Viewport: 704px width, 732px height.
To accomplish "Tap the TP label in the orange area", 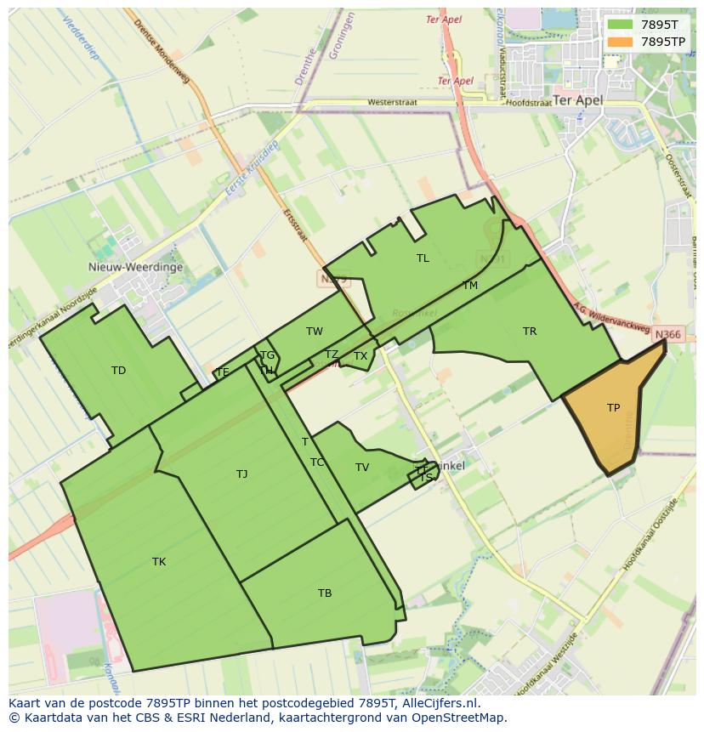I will point(613,408).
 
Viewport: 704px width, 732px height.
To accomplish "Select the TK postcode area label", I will point(159,562).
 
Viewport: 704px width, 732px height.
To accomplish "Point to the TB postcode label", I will point(325,593).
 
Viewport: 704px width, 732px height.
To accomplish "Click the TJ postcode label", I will point(242,474).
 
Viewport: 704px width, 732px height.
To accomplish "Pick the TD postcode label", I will point(118,371).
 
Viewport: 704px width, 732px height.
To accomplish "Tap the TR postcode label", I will point(530,332).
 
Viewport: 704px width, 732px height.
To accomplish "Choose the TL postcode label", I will point(423,258).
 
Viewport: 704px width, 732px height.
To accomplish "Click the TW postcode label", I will point(315,332).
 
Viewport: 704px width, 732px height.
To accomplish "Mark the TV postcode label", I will point(362,468).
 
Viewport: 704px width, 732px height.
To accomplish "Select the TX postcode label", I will point(361,356).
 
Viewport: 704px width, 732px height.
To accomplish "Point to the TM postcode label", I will point(470,286).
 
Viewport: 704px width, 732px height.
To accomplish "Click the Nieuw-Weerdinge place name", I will point(135,266).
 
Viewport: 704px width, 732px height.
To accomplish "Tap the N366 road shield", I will point(668,335).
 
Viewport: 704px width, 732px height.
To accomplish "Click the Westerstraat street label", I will point(392,103).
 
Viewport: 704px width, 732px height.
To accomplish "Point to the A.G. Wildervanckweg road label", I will point(610,319).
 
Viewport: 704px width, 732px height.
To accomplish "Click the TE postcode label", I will point(223,372).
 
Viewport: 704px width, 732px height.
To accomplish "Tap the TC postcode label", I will point(317,462).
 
